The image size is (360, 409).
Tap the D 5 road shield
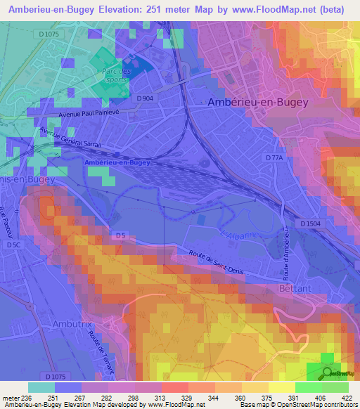click(121, 234)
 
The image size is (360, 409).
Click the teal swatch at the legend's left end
click(41, 387)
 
